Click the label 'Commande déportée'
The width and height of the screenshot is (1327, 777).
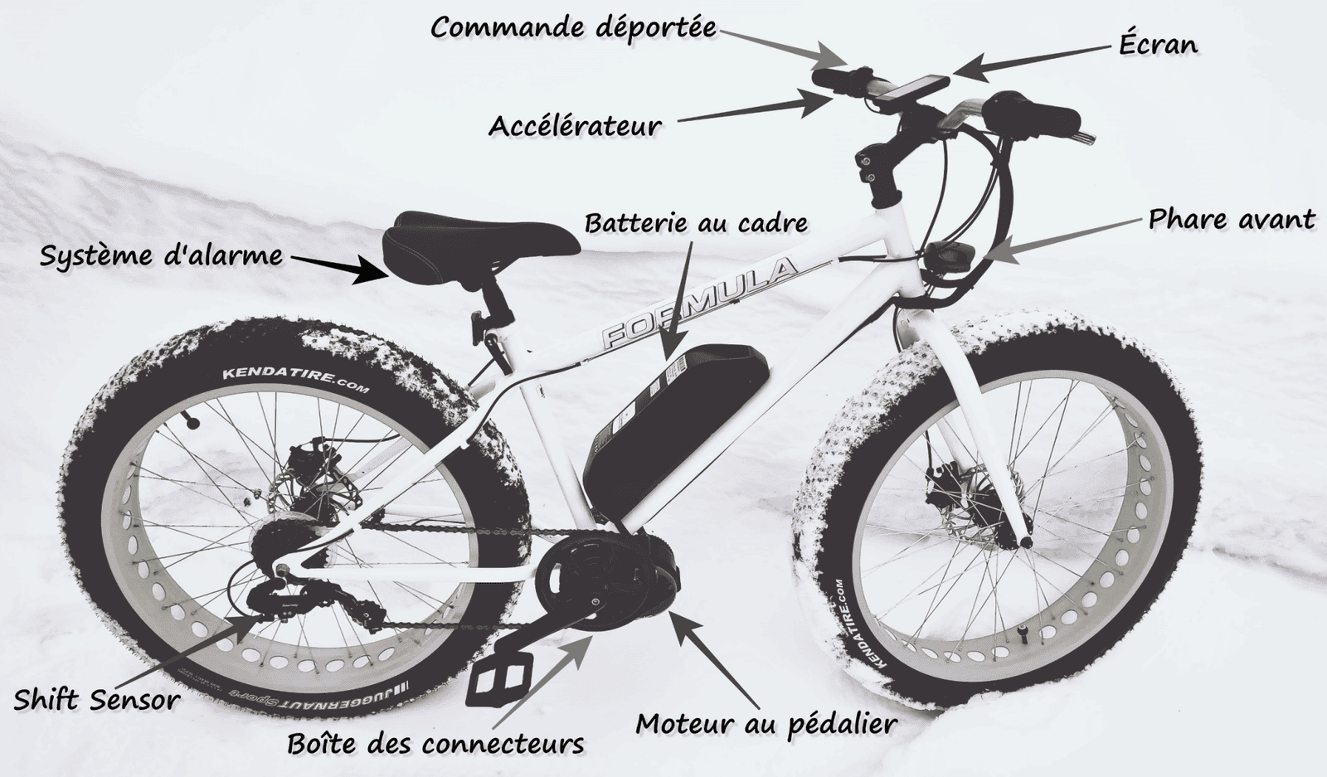pyautogui.click(x=573, y=27)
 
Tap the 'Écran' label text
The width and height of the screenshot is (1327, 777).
pyautogui.click(x=1158, y=44)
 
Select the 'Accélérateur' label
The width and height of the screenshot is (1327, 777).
pyautogui.click(x=575, y=125)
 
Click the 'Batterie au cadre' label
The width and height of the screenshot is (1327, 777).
pyautogui.click(x=696, y=223)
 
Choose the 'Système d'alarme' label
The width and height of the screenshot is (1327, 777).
pyautogui.click(x=161, y=256)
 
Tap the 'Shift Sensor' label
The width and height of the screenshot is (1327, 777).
pyautogui.click(x=96, y=701)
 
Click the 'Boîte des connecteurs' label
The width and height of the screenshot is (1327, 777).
pyautogui.click(x=435, y=744)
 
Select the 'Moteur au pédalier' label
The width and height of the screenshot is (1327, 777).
pyautogui.click(x=766, y=724)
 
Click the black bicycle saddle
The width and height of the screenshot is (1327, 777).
pyautogui.click(x=481, y=245)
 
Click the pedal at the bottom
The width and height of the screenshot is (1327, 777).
pyautogui.click(x=499, y=679)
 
